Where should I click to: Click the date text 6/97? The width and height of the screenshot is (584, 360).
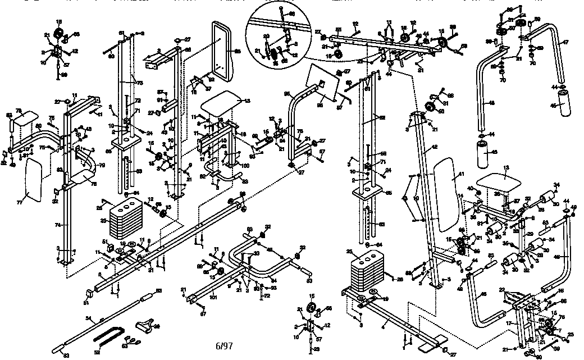tap(223, 345)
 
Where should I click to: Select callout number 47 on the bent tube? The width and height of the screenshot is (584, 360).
tap(565, 42)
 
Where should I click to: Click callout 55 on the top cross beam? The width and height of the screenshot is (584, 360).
tap(338, 29)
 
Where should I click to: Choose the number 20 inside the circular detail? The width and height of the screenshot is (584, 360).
tap(266, 36)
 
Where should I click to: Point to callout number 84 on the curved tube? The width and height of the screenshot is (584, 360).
tap(274, 279)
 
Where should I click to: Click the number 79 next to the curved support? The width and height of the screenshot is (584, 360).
tap(103, 165)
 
